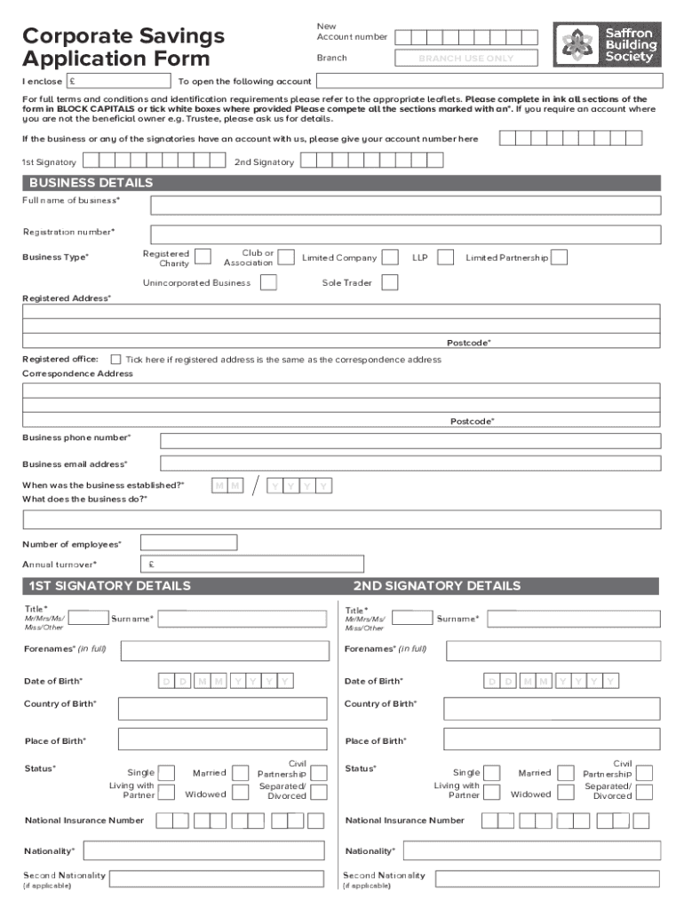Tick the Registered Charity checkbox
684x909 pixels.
pyautogui.click(x=203, y=257)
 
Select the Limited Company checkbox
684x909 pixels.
pyautogui.click(x=389, y=257)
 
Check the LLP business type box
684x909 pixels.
pyautogui.click(x=446, y=257)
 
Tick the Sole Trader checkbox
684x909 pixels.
pyautogui.click(x=389, y=282)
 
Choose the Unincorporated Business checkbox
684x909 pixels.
pyautogui.click(x=267, y=282)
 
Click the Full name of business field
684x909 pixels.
pyautogui.click(x=405, y=205)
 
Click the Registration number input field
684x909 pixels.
pyautogui.click(x=405, y=234)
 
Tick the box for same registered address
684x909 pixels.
pyautogui.click(x=116, y=360)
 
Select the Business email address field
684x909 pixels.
pyautogui.click(x=410, y=463)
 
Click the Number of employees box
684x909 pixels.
pyautogui.click(x=188, y=542)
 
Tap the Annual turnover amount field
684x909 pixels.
pyautogui.click(x=252, y=564)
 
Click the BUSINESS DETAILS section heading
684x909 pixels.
pyautogui.click(x=91, y=183)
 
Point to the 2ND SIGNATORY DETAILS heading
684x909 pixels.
pyautogui.click(x=436, y=586)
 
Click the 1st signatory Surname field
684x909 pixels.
pyautogui.click(x=247, y=618)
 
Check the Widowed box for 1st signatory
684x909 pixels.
pyautogui.click(x=239, y=794)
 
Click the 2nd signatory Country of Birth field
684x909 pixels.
pyautogui.click(x=551, y=707)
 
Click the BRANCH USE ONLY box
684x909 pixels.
pyautogui.click(x=466, y=59)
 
